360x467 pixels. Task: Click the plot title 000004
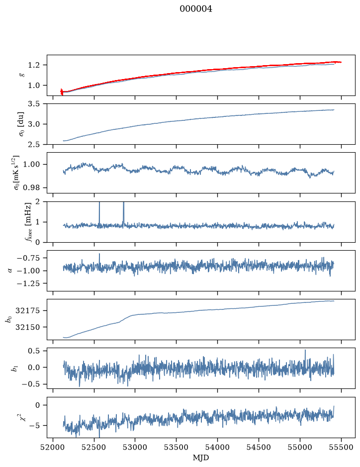click(x=196, y=9)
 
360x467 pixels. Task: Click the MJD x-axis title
click(x=201, y=458)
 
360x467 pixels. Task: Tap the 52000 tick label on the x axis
click(x=53, y=447)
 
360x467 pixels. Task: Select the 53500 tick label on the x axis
click(x=177, y=447)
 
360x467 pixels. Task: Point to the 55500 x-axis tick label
click(x=341, y=447)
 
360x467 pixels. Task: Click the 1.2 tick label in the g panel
click(x=34, y=65)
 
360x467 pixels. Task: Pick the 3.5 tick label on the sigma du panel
click(x=34, y=103)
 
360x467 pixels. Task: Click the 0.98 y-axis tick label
click(x=31, y=187)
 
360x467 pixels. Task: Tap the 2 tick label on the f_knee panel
click(x=37, y=201)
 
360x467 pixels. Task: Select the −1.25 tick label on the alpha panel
click(x=28, y=283)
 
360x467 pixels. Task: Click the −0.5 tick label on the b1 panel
click(x=30, y=384)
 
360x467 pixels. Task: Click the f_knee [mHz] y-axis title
click(x=28, y=222)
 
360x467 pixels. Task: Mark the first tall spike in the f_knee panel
click(x=99, y=213)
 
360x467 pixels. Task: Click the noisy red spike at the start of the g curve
click(x=62, y=92)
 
